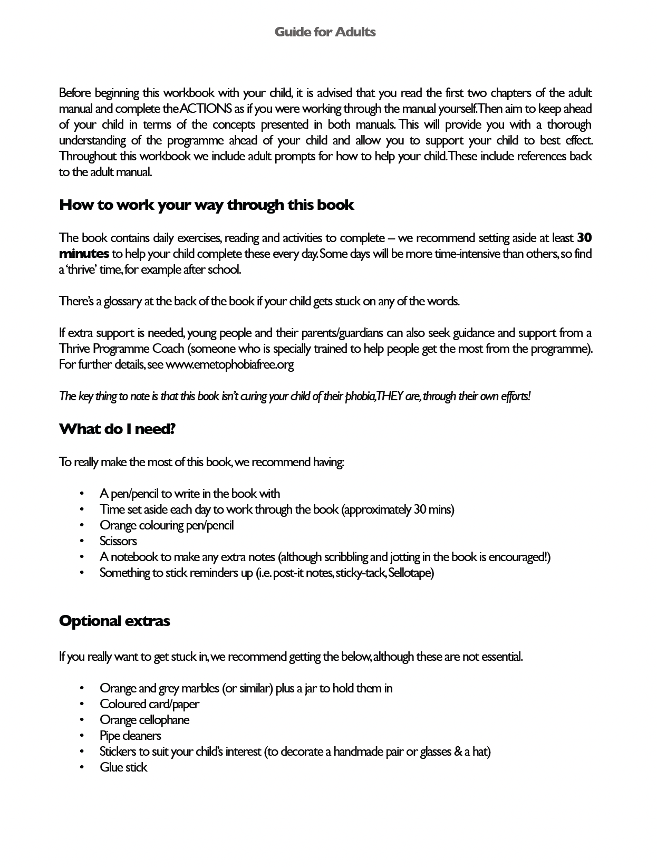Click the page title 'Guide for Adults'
tap(325, 32)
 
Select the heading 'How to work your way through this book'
tap(206, 205)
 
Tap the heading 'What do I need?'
tap(117, 429)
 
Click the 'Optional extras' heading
tap(114, 621)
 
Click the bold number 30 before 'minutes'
tap(584, 238)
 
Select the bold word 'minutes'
tap(84, 254)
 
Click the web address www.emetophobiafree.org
tap(230, 364)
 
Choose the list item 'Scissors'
tap(118, 541)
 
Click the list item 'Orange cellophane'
tap(144, 720)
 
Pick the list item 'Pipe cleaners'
tap(130, 736)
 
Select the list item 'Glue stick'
tap(123, 767)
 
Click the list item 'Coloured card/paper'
tap(149, 704)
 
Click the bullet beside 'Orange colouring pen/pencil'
tap(82, 525)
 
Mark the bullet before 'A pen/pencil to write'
tap(82, 494)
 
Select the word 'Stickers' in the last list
tap(118, 752)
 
